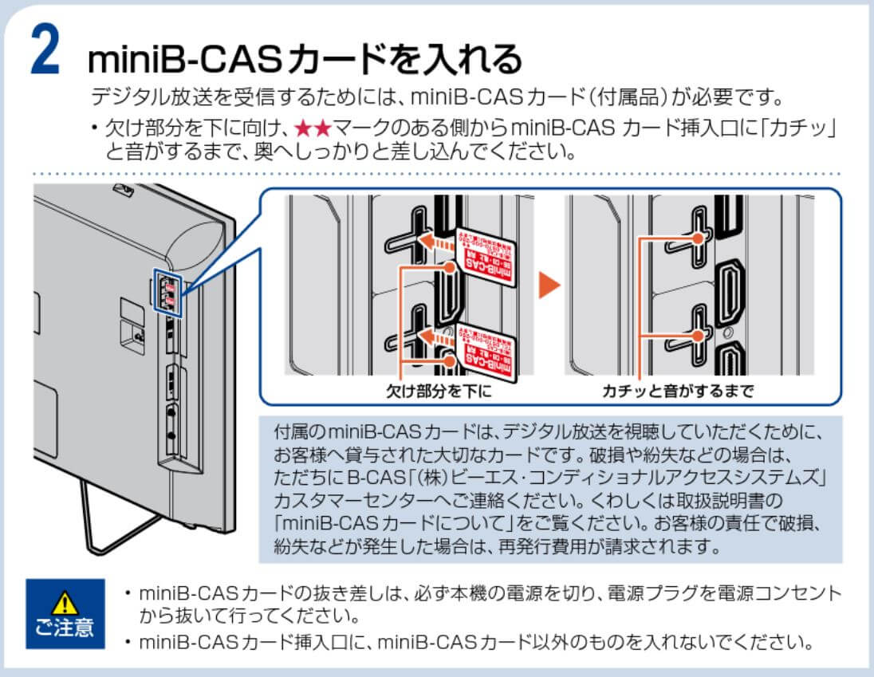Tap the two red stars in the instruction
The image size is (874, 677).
[x=313, y=128]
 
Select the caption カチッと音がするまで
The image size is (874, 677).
[x=678, y=391]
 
